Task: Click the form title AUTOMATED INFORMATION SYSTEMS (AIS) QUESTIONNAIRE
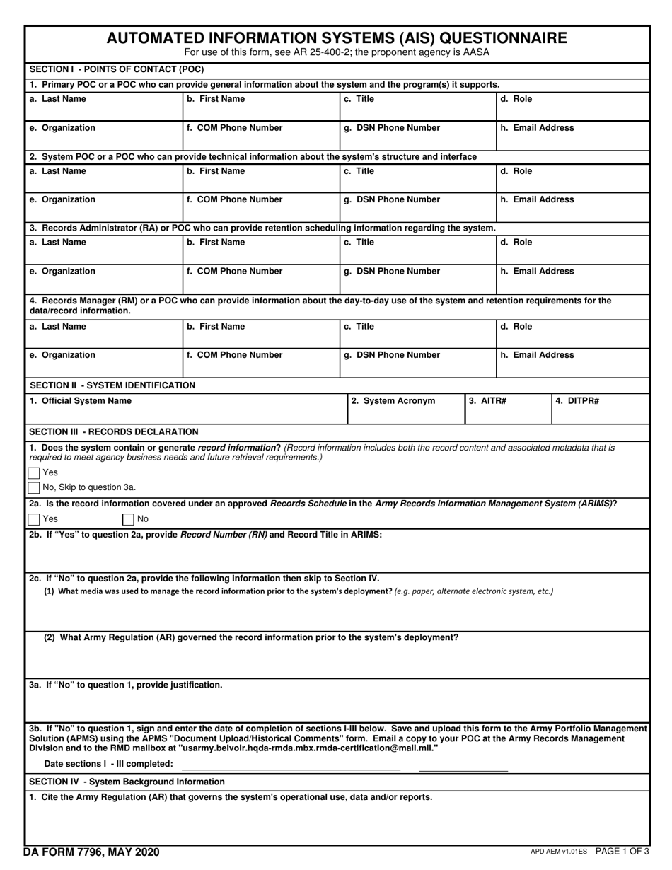click(336, 38)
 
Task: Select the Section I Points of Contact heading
click(117, 69)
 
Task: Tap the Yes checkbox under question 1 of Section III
click(34, 472)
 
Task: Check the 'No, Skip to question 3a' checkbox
click(34, 487)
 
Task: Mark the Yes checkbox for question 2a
click(34, 519)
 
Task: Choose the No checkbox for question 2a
click(129, 519)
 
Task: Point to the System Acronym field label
click(393, 401)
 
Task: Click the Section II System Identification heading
click(112, 385)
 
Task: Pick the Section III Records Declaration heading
click(114, 431)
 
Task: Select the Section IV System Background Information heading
click(127, 782)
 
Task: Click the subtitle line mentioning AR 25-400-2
click(336, 52)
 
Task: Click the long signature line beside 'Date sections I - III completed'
click(291, 769)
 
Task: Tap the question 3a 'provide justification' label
click(126, 685)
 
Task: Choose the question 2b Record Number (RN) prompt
click(206, 535)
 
